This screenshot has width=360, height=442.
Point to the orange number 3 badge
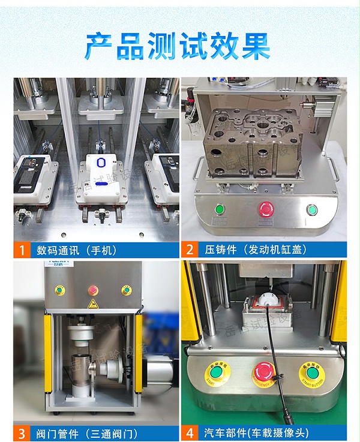point(22,433)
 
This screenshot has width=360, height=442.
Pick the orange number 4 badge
point(190,433)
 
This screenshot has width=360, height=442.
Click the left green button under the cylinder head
point(220,209)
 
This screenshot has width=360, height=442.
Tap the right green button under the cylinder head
point(311,210)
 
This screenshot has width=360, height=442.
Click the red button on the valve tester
point(93,290)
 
